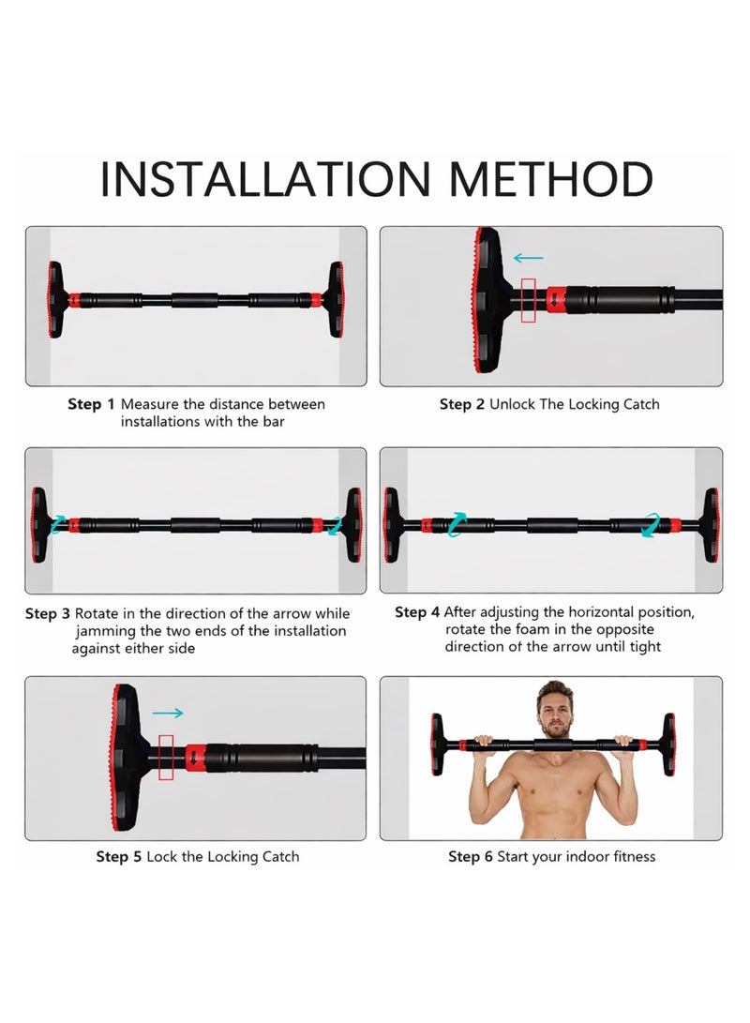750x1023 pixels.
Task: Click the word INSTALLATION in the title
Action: click(266, 179)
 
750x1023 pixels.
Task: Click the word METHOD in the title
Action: click(549, 179)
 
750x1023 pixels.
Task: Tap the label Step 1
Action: click(91, 404)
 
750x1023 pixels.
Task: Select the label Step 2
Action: click(462, 404)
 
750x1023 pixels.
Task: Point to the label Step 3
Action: click(47, 614)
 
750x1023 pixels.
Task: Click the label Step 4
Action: click(416, 612)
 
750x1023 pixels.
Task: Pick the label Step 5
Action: click(119, 856)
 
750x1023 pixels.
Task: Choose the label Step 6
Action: click(471, 856)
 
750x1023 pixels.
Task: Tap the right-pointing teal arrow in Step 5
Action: click(168, 714)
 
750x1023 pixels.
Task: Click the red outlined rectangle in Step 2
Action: click(529, 300)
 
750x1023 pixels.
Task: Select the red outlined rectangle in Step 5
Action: click(168, 757)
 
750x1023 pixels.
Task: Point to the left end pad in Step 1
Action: click(55, 300)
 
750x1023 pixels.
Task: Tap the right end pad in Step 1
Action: click(335, 300)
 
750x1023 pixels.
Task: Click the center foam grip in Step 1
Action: click(195, 301)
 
